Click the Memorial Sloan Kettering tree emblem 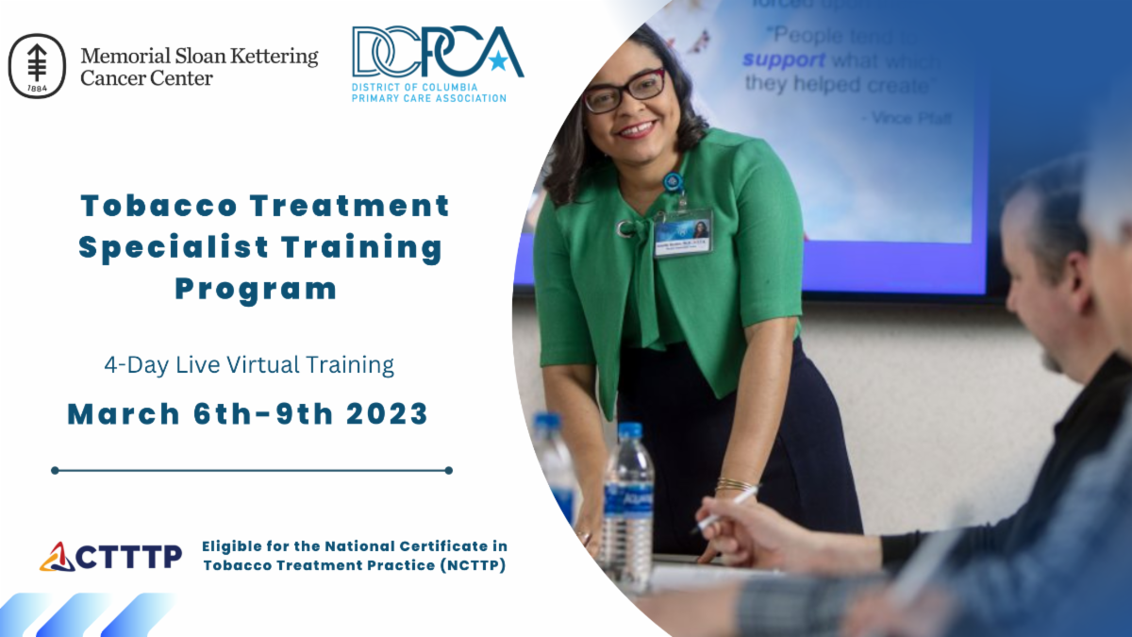pyautogui.click(x=37, y=66)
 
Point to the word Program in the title pyautogui.click(x=256, y=289)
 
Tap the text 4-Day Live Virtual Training pyautogui.click(x=249, y=364)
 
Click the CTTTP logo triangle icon pyautogui.click(x=56, y=557)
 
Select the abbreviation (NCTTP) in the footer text pyautogui.click(x=464, y=565)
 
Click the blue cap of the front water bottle pyautogui.click(x=629, y=430)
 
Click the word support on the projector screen pyautogui.click(x=783, y=59)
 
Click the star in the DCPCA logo pyautogui.click(x=496, y=61)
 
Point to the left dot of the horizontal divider pyautogui.click(x=56, y=470)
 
